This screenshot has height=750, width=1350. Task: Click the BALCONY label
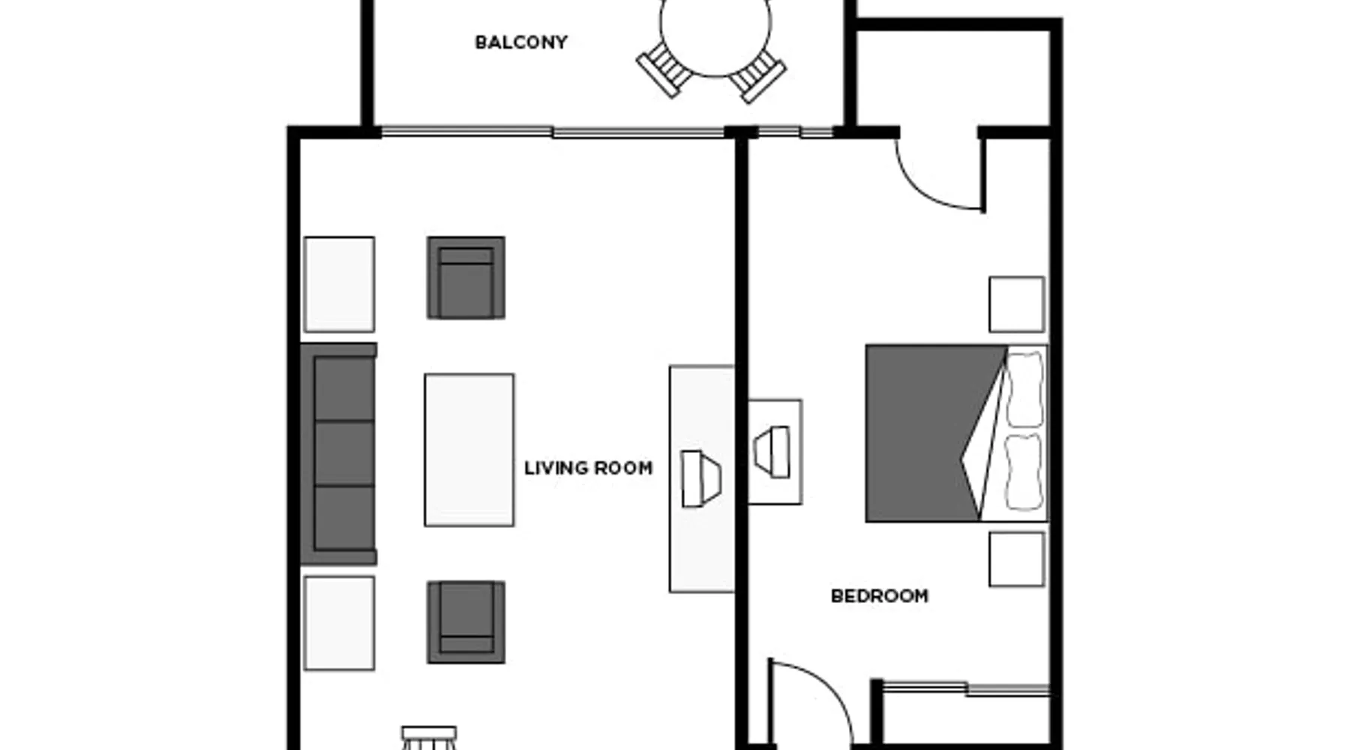click(x=521, y=43)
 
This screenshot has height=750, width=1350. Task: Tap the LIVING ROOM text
click(x=588, y=468)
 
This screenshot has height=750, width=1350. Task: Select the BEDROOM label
click(x=880, y=596)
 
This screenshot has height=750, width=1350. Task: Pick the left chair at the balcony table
click(x=664, y=68)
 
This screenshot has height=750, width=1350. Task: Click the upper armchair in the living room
click(x=466, y=277)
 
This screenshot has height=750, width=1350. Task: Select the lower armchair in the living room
click(x=466, y=622)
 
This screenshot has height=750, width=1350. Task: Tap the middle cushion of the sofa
click(x=344, y=454)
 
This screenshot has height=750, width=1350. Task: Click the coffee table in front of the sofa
click(x=469, y=450)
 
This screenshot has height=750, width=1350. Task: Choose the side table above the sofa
click(x=339, y=284)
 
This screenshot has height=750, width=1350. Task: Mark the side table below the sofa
click(x=339, y=623)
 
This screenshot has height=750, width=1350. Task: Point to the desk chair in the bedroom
click(x=772, y=452)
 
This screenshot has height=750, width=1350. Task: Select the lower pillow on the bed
click(x=1023, y=472)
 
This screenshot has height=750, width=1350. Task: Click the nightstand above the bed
click(x=1016, y=304)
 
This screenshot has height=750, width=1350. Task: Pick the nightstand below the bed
click(x=1016, y=559)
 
